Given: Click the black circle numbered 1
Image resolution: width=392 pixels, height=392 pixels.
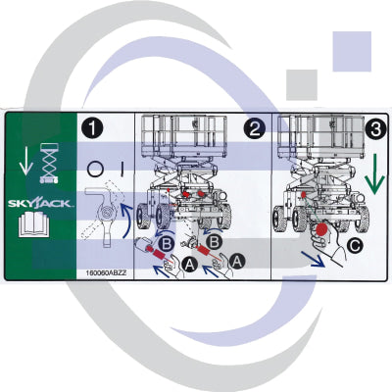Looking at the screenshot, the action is point(92,128).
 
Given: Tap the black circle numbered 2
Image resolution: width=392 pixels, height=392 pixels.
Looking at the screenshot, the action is point(255,128).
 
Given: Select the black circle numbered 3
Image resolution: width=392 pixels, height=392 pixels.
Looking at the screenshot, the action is point(376,129).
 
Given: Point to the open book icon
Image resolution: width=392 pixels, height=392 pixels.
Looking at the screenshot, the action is point(34,224).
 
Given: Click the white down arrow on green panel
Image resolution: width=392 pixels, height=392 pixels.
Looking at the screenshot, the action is point(25,161).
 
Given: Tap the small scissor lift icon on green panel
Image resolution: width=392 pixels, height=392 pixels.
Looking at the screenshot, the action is point(49,163).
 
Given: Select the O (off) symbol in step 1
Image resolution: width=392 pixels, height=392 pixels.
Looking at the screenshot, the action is point(96,170).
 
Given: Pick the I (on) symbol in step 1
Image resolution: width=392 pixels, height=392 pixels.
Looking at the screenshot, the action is point(122,170).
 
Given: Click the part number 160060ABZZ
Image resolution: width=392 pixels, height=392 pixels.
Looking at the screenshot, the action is point(106,273).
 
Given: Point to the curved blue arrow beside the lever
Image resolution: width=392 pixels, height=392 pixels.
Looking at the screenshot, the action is point(127,220).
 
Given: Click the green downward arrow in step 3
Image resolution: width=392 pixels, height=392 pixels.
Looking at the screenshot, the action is point(375,174).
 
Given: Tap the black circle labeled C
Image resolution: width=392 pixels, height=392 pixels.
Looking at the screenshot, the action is point(355,246).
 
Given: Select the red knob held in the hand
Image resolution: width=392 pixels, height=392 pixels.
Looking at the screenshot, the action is point(323,229).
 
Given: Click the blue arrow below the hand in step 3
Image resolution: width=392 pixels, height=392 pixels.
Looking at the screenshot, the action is point(313,259).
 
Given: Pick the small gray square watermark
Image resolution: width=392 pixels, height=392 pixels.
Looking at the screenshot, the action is point(302,85).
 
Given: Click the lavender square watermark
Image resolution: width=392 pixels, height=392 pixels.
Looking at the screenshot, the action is point(352,51).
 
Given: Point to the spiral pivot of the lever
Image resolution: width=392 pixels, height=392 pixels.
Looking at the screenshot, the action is point(107,214).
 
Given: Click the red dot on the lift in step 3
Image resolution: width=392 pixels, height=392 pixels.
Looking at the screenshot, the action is point(303,195).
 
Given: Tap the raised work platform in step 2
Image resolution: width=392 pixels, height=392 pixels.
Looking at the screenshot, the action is point(184,135).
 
